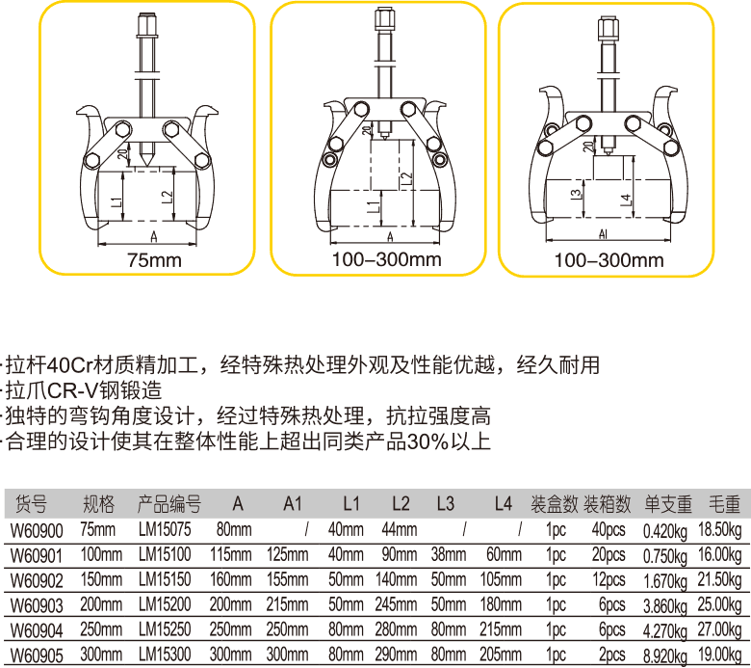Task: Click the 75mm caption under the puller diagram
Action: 153,259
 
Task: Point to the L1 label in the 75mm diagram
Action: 116,202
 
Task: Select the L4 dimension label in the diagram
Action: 626,200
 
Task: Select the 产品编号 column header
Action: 169,504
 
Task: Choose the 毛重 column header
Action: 725,504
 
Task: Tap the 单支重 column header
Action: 668,504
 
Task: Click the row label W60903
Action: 36,604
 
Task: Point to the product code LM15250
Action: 165,629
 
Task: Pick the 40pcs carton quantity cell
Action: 609,529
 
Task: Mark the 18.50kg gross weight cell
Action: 724,529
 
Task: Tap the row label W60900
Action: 36,529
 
